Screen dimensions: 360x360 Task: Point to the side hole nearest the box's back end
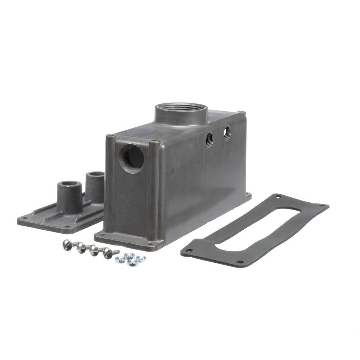[227, 133]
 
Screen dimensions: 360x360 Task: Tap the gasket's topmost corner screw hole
[278, 197]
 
